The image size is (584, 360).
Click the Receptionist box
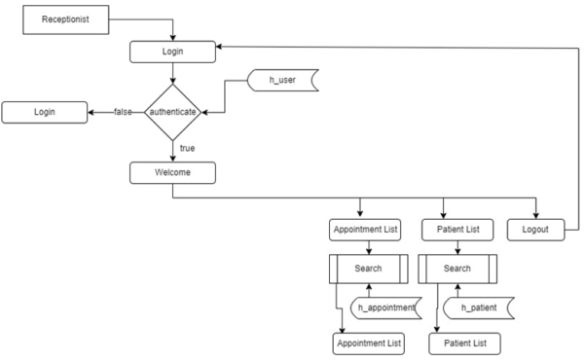click(x=65, y=19)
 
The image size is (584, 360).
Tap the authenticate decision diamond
click(x=172, y=113)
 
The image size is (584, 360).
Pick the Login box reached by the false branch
click(x=44, y=113)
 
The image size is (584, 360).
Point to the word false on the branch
click(x=124, y=113)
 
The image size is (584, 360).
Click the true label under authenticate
click(x=187, y=147)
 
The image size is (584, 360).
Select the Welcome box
click(x=172, y=172)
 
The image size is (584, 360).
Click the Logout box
click(x=534, y=231)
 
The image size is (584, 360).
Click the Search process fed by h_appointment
click(x=368, y=268)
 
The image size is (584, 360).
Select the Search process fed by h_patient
click(x=456, y=268)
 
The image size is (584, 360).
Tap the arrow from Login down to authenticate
click(x=172, y=74)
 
